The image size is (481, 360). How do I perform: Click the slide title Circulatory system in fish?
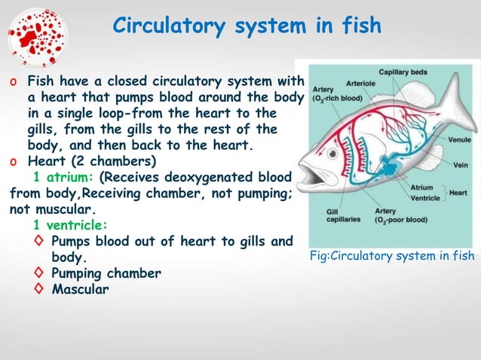[247, 26]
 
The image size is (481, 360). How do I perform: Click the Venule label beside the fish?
[459, 140]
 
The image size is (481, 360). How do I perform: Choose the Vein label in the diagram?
[461, 165]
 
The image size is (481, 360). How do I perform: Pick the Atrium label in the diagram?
[422, 187]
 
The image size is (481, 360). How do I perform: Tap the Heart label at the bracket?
[458, 192]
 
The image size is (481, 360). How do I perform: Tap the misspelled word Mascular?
[79, 288]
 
